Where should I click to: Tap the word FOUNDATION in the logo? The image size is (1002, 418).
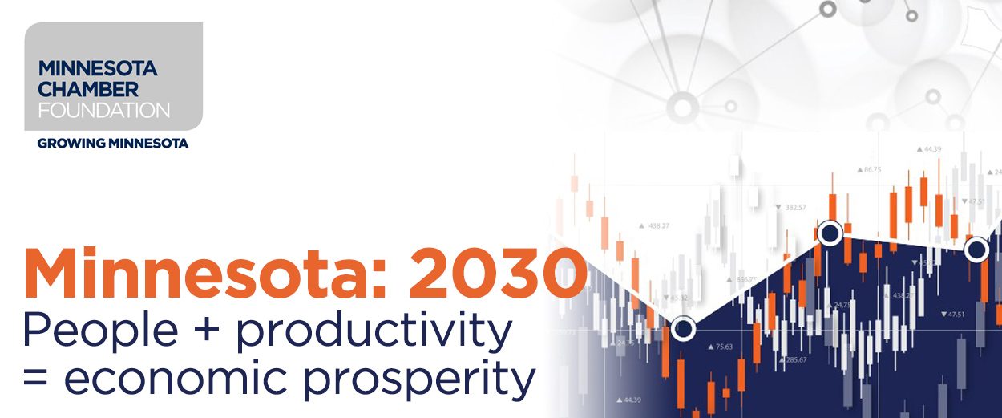(103, 109)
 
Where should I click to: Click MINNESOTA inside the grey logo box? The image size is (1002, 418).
(97, 69)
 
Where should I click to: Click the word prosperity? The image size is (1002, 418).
(423, 379)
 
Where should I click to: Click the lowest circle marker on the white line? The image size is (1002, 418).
(683, 328)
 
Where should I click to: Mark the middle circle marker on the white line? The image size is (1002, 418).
(830, 233)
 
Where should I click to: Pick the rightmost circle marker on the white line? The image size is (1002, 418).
(976, 250)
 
